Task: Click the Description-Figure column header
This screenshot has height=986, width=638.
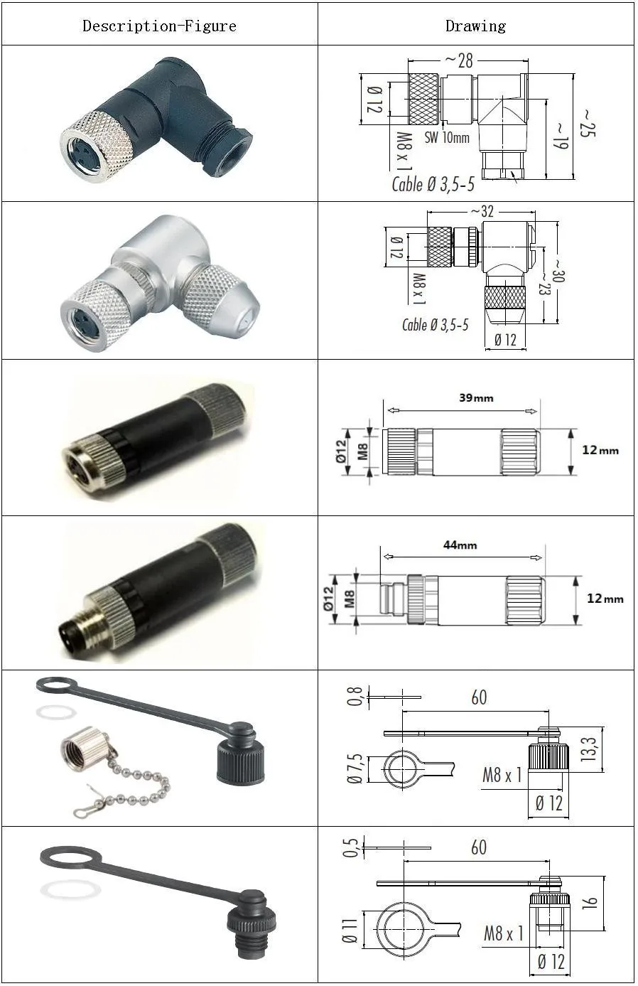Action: (x=159, y=26)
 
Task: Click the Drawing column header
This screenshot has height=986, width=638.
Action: (x=475, y=26)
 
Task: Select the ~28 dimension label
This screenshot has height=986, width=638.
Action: (x=459, y=60)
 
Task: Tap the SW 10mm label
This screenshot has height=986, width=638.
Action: (x=447, y=138)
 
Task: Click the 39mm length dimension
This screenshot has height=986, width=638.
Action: (x=475, y=398)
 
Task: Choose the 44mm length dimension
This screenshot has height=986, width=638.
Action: (x=460, y=545)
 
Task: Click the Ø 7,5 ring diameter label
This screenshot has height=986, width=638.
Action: (x=355, y=768)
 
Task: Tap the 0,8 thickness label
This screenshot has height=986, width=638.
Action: (x=355, y=697)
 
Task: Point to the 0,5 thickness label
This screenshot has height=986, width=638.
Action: (x=351, y=847)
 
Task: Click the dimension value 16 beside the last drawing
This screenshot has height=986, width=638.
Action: (x=590, y=903)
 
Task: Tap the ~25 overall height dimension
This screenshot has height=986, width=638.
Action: (x=588, y=122)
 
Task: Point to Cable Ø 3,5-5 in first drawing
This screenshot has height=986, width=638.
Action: (x=433, y=185)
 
